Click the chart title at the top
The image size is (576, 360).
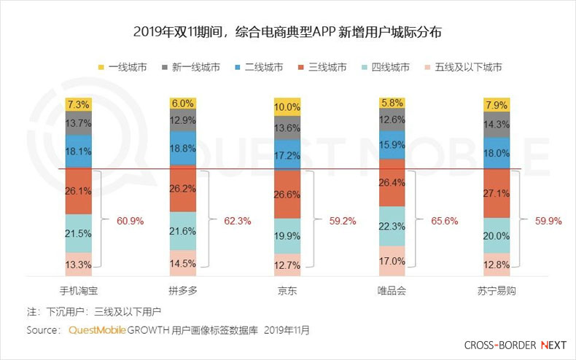287,33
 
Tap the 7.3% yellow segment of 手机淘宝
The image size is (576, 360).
78,103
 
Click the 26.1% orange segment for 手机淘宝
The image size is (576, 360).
78,191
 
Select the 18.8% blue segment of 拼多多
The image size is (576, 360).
183,148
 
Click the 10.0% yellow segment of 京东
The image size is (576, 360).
287,107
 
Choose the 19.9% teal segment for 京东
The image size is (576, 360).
287,235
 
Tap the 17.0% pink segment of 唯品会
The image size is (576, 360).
392,260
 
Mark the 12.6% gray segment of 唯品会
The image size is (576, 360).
392,120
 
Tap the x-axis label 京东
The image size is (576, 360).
287,290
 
